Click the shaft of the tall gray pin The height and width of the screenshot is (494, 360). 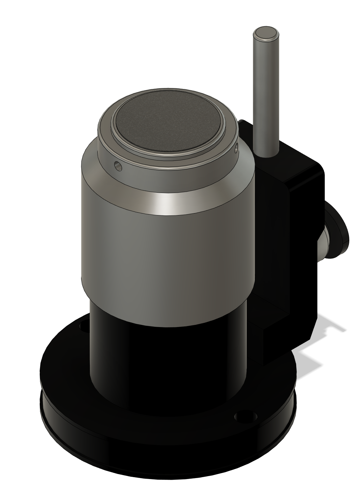[266, 98]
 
